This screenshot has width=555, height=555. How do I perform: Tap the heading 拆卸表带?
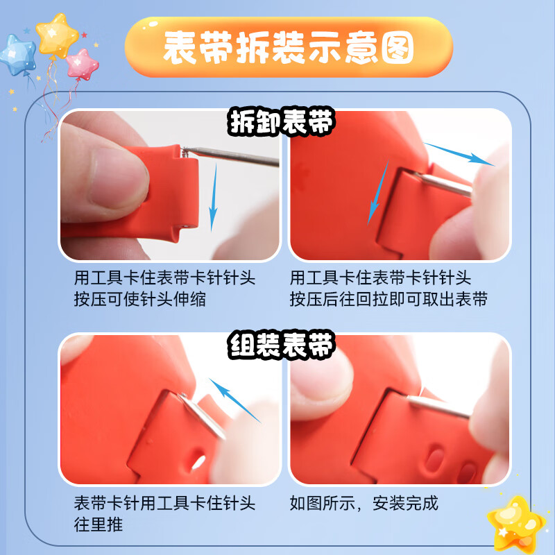coord(282,123)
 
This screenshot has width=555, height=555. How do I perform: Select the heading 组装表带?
coord(282,345)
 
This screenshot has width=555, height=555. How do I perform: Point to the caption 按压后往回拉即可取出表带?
coord(388,300)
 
